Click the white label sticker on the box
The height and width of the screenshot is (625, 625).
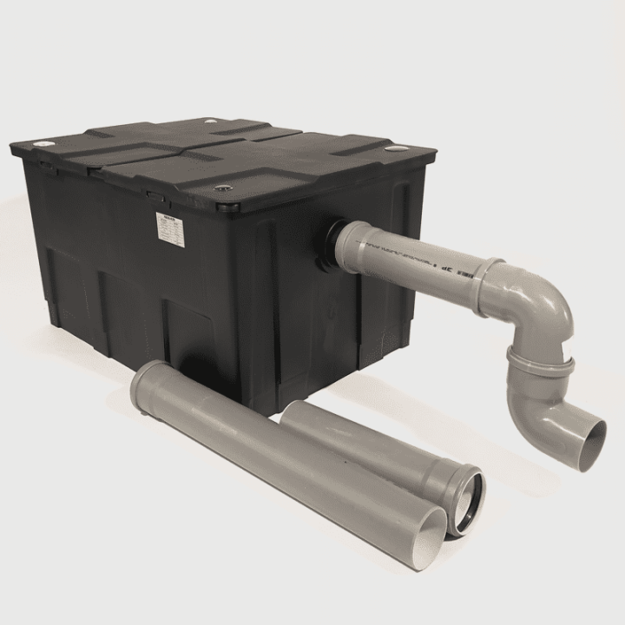point(168,227)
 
